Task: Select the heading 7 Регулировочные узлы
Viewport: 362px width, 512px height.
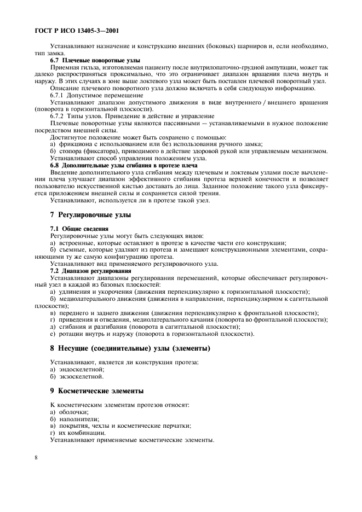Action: (x=90, y=214)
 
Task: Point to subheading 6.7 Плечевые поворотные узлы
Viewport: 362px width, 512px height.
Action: (x=95, y=60)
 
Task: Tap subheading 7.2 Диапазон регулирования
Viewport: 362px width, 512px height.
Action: (x=90, y=270)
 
